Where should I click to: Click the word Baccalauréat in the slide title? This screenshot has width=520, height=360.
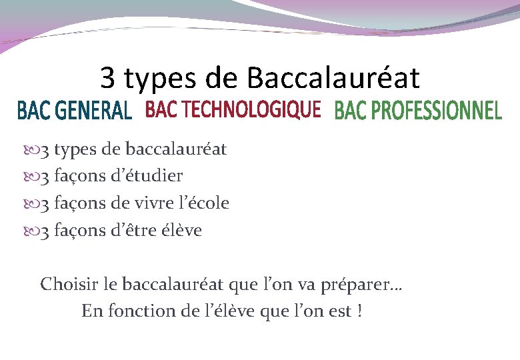pyautogui.click(x=333, y=79)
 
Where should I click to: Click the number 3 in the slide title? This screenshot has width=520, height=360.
pyautogui.click(x=108, y=79)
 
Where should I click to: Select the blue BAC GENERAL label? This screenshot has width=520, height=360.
pyautogui.click(x=74, y=111)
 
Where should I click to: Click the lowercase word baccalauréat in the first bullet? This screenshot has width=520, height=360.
pyautogui.click(x=176, y=149)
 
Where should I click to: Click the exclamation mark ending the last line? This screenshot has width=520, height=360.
pyautogui.click(x=360, y=311)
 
